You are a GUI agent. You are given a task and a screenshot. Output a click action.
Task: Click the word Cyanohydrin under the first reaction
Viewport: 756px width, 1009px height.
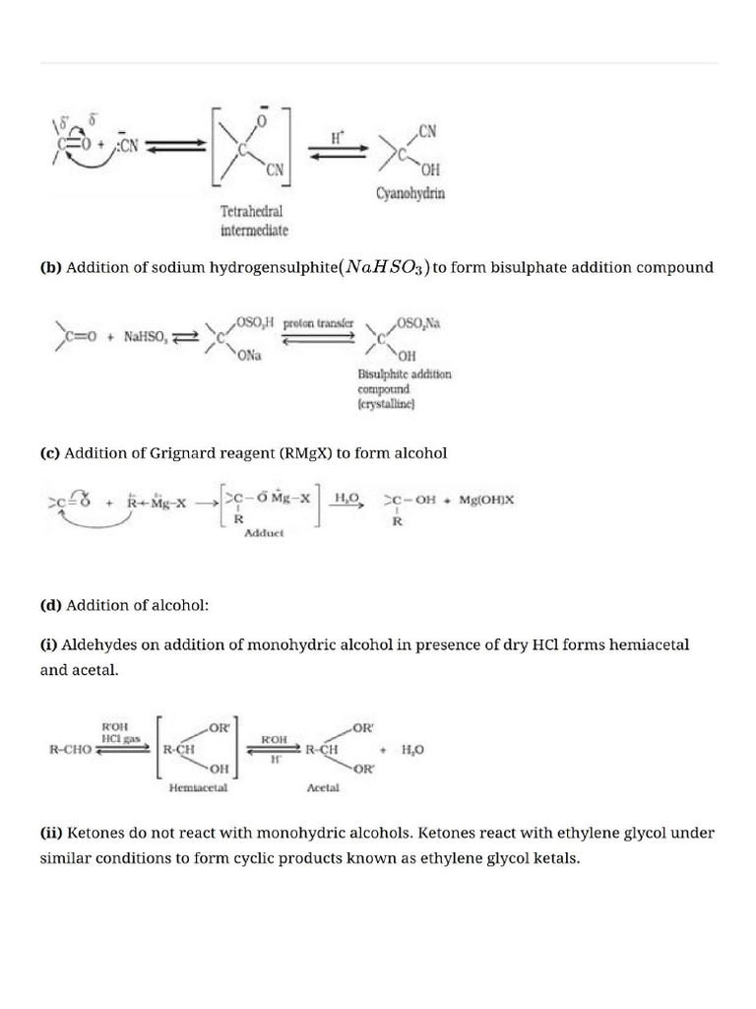pyautogui.click(x=410, y=194)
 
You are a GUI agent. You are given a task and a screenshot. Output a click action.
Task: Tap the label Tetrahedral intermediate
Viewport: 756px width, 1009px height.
pyautogui.click(x=254, y=222)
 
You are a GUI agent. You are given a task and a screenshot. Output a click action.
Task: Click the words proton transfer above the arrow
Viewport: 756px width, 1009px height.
pyautogui.click(x=319, y=322)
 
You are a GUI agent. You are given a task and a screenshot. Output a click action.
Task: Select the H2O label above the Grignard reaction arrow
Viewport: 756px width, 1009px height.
pyautogui.click(x=347, y=498)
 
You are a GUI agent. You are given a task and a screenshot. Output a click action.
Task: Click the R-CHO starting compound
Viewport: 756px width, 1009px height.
pyautogui.click(x=70, y=749)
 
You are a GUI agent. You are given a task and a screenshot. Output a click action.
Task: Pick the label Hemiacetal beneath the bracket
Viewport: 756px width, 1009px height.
pyautogui.click(x=193, y=787)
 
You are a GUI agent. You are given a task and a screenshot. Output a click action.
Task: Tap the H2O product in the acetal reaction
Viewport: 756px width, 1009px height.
pyautogui.click(x=412, y=749)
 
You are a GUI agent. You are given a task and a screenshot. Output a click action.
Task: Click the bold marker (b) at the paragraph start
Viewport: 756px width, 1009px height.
pyautogui.click(x=49, y=268)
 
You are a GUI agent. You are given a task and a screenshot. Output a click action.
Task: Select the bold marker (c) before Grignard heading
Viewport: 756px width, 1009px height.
pyautogui.click(x=49, y=453)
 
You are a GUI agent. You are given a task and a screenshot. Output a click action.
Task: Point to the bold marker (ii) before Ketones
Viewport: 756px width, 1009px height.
pyautogui.click(x=51, y=833)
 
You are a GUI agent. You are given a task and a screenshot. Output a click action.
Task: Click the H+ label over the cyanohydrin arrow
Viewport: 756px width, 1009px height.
pyautogui.click(x=337, y=139)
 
